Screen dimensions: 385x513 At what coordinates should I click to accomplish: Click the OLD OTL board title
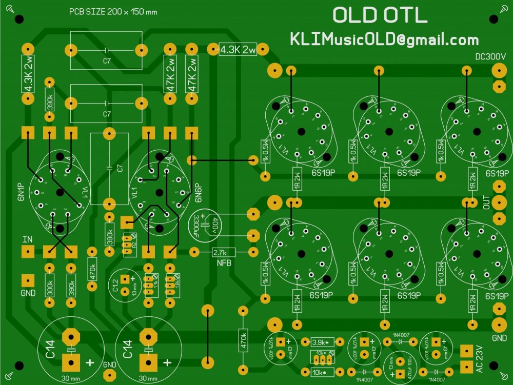(380, 15)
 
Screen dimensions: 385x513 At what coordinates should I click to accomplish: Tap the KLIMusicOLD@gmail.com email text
(384, 39)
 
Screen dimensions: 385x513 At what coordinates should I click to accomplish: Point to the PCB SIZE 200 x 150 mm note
(113, 12)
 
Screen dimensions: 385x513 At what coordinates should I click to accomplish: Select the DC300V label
(490, 56)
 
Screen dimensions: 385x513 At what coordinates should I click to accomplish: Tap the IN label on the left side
(27, 239)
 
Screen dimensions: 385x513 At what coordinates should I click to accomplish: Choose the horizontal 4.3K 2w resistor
(238, 50)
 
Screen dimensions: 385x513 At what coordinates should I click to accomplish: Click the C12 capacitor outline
(124, 286)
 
